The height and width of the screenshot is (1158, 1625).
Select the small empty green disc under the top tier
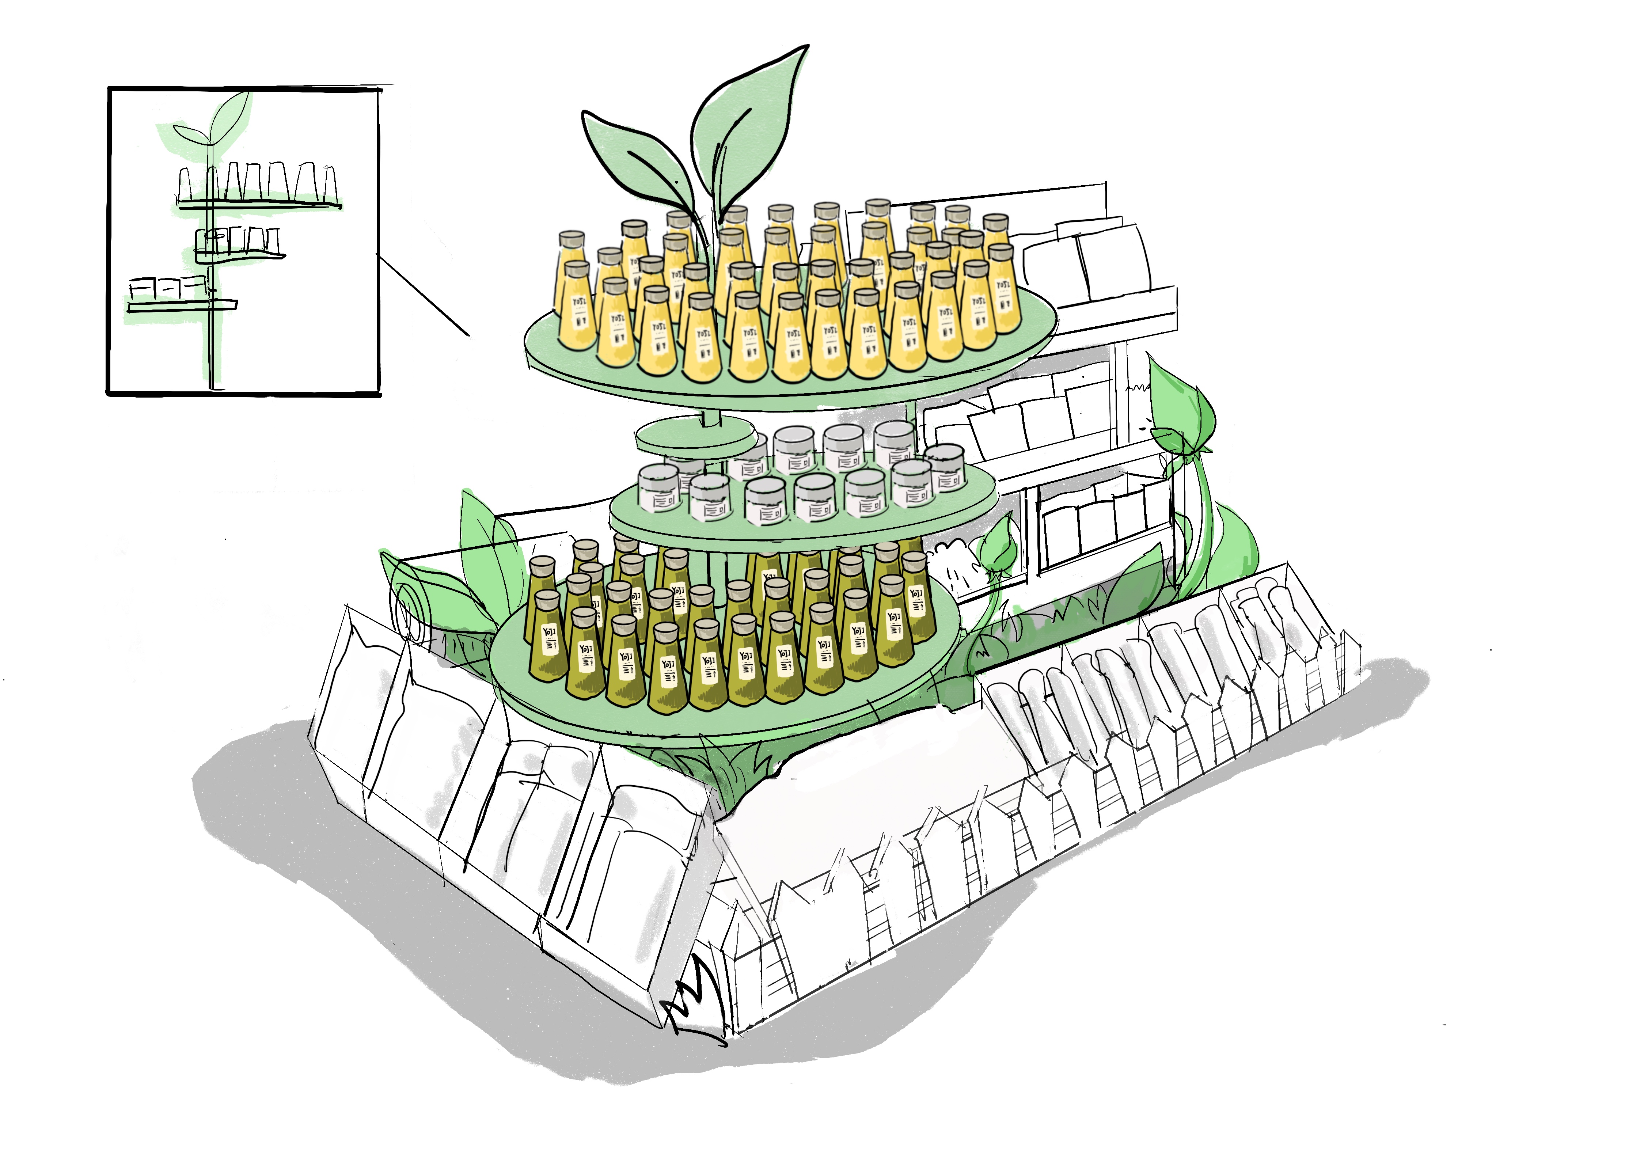pos(695,435)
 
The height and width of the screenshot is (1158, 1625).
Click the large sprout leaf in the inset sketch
pos(232,114)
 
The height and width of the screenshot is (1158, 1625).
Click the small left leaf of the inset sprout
pos(189,133)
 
